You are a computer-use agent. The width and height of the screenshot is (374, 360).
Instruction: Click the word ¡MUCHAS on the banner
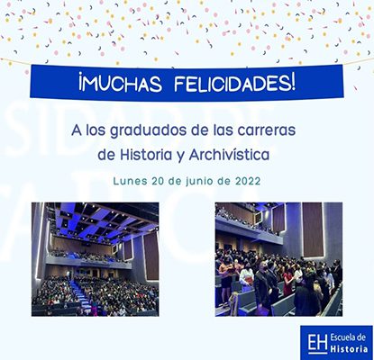click(x=120, y=84)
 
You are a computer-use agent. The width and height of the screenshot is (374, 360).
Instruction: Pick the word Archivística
click(x=229, y=155)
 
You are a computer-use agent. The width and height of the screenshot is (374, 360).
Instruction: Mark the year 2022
click(x=248, y=181)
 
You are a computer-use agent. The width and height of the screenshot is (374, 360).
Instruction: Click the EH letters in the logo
click(x=317, y=343)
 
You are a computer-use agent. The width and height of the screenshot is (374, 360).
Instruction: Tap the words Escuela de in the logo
click(x=348, y=337)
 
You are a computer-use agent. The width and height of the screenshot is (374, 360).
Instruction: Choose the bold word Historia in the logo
click(x=349, y=348)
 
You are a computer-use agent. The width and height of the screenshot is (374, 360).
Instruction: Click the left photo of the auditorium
click(x=96, y=259)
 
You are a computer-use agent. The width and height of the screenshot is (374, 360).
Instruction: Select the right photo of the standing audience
click(x=278, y=259)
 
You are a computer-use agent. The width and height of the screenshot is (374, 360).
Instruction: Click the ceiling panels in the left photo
click(x=105, y=219)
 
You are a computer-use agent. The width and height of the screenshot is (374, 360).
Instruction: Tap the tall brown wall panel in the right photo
click(x=313, y=229)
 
